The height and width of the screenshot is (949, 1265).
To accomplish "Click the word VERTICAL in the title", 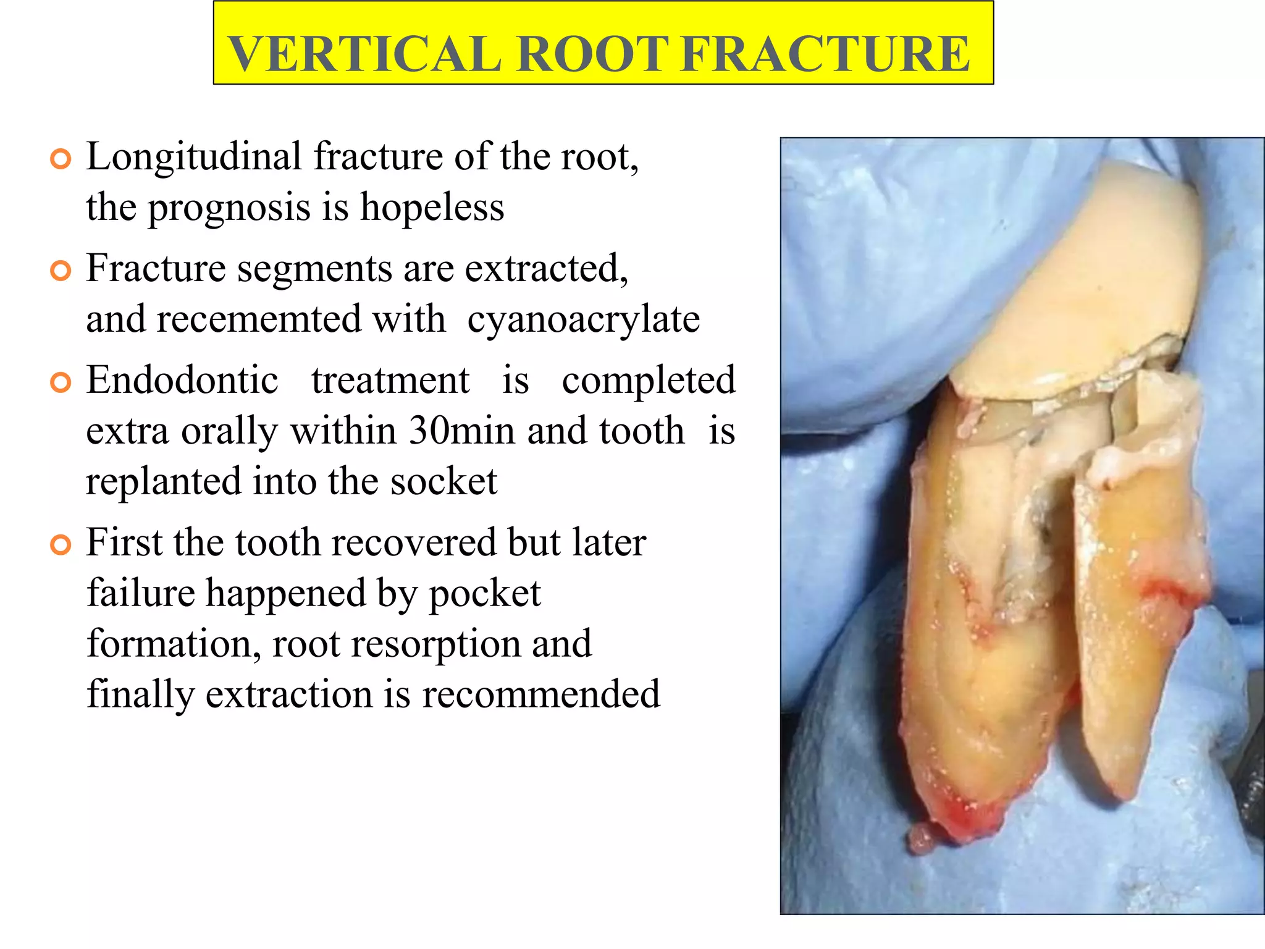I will pos(364,54).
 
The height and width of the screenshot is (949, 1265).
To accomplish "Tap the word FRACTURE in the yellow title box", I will pos(826,54).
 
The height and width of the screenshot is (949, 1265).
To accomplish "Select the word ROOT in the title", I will pos(592,54).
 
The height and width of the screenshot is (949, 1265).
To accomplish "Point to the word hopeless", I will pos(432,208).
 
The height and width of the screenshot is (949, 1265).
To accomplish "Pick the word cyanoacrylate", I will pos(583,319).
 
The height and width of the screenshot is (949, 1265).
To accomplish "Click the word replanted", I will pos(163,481).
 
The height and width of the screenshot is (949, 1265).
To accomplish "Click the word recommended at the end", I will pos(540,694).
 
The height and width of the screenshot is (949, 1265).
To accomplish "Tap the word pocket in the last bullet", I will pos(484,593).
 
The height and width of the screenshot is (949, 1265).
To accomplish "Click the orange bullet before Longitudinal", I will pos(61,159).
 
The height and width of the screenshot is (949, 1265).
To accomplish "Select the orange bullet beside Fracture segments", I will pos(61,271).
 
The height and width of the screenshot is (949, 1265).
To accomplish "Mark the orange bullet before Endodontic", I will pos(61,382).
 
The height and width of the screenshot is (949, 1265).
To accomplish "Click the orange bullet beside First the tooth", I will pos(61,545).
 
